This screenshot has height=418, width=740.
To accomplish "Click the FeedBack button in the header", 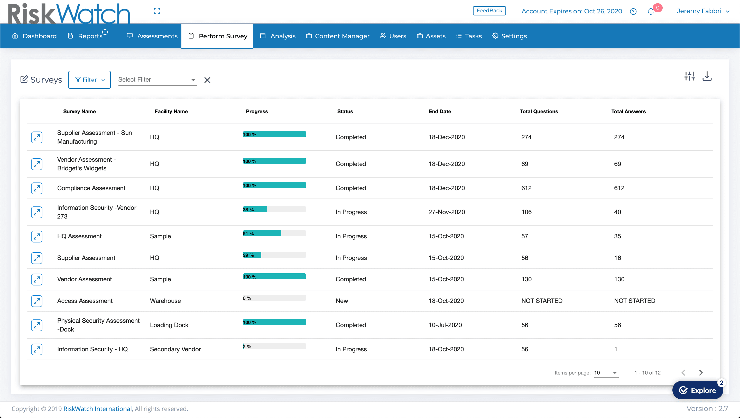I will click(489, 11).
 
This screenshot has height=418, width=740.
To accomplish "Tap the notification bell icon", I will click(651, 12).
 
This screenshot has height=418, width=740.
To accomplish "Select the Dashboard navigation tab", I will click(34, 36).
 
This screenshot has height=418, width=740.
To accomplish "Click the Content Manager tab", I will click(338, 36).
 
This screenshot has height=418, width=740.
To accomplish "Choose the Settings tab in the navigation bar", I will click(510, 36).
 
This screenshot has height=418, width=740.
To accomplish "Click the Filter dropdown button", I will click(90, 80).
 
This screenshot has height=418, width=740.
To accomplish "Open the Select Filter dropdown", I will click(157, 80).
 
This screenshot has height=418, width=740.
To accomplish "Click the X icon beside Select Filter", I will click(207, 80).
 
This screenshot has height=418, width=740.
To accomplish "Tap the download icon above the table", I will click(707, 76).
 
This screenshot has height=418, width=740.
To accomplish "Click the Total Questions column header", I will click(539, 111).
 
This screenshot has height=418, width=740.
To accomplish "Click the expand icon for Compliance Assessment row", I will click(37, 188).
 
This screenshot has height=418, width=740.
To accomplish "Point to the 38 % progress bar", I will click(274, 210).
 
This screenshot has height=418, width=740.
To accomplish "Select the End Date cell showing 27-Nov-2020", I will click(446, 212).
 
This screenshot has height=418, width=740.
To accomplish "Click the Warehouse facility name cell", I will click(165, 301).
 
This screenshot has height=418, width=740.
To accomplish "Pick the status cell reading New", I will click(341, 301).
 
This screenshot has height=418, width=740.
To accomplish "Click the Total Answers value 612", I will click(619, 188).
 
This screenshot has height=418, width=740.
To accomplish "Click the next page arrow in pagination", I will click(701, 372).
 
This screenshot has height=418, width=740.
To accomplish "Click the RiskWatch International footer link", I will click(97, 409).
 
